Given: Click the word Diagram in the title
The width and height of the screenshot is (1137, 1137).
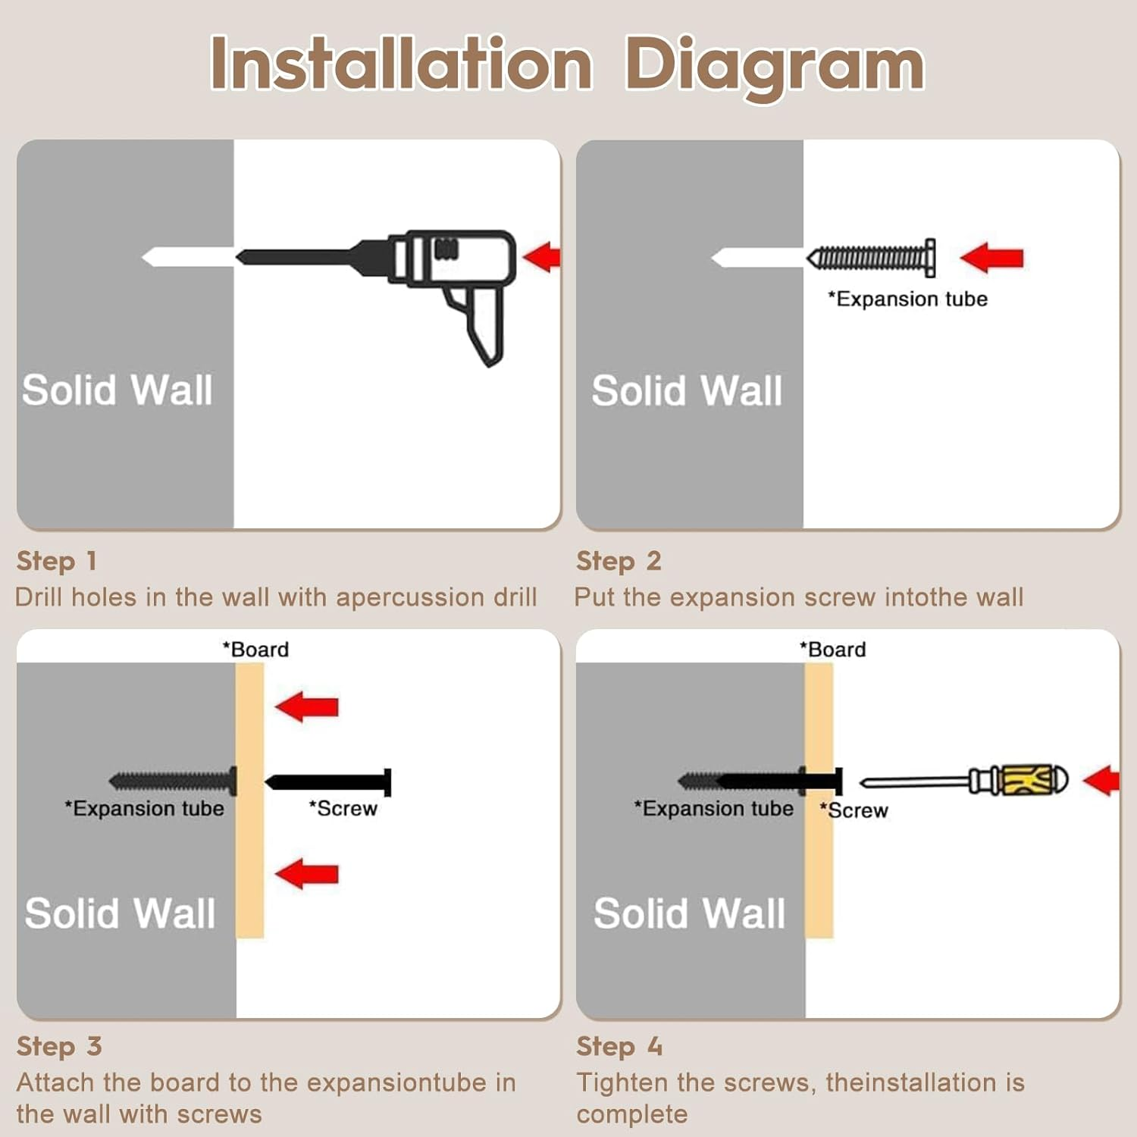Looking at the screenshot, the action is pos(774,67).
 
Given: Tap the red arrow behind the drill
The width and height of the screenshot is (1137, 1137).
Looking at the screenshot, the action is pos(542,257).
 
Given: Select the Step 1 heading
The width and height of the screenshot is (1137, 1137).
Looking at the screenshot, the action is pos(57,561).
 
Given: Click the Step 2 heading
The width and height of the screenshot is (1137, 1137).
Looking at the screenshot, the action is pos(619,561).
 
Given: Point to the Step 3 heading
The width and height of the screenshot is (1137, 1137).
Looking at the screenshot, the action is pos(59,1046).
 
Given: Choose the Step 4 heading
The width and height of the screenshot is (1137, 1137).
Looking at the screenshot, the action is pos(619,1046).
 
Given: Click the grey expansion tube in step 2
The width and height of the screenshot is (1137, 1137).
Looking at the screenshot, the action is pos(871,258).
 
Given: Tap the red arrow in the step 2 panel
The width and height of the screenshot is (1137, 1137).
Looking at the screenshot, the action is pos(991,258).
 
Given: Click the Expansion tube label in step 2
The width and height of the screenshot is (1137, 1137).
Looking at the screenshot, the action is pos(907,299).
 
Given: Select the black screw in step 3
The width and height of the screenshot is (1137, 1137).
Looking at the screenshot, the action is pos(328,782).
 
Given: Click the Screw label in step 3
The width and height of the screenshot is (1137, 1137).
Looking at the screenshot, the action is pos(343,809).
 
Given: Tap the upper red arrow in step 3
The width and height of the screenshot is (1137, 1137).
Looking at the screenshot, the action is pos(307,706).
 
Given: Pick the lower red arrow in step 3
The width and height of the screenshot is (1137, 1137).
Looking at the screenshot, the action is pos(307,874).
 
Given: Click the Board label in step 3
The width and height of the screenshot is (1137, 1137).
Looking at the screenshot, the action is pos(255,650).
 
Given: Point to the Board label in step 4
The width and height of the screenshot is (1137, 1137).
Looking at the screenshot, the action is pos(832,650).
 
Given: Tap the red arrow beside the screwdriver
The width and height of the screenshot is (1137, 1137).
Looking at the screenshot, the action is pos(1101,781).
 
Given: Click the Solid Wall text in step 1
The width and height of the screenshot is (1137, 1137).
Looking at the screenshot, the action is pos(117,390).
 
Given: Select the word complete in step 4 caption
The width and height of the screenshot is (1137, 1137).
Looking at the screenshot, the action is pos(632,1114).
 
